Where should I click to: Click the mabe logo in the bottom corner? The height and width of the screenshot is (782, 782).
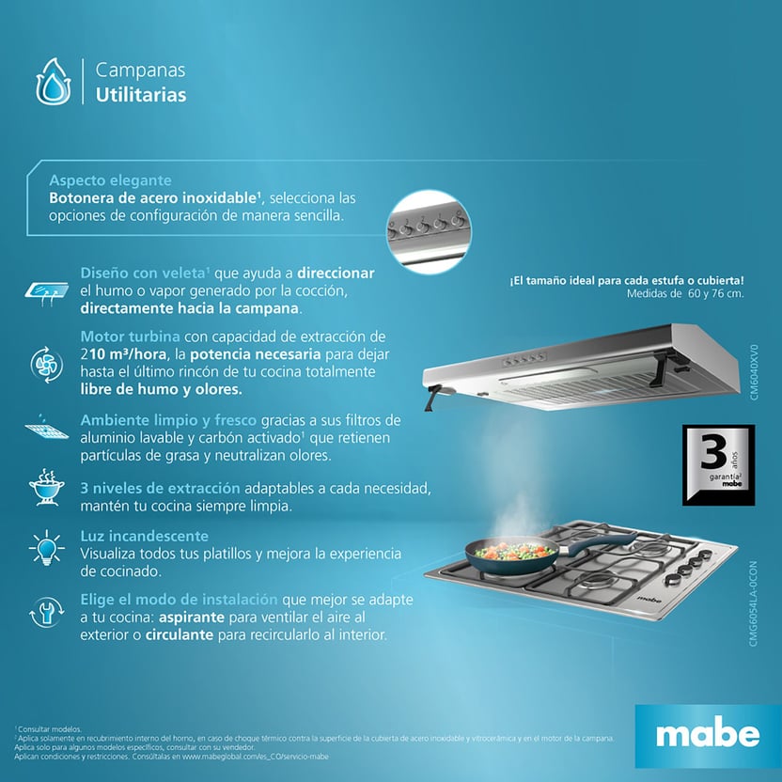707,734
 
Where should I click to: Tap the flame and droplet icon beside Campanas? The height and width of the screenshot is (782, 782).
53,82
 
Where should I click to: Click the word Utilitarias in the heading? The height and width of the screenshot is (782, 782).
140,95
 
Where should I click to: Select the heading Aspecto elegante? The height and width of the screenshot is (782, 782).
110,180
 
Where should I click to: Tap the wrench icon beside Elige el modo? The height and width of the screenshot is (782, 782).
46,613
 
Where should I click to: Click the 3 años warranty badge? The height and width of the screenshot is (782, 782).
718,465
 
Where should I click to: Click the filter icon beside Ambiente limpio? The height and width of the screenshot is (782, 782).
45,429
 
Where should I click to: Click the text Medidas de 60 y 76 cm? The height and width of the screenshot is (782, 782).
684,293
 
